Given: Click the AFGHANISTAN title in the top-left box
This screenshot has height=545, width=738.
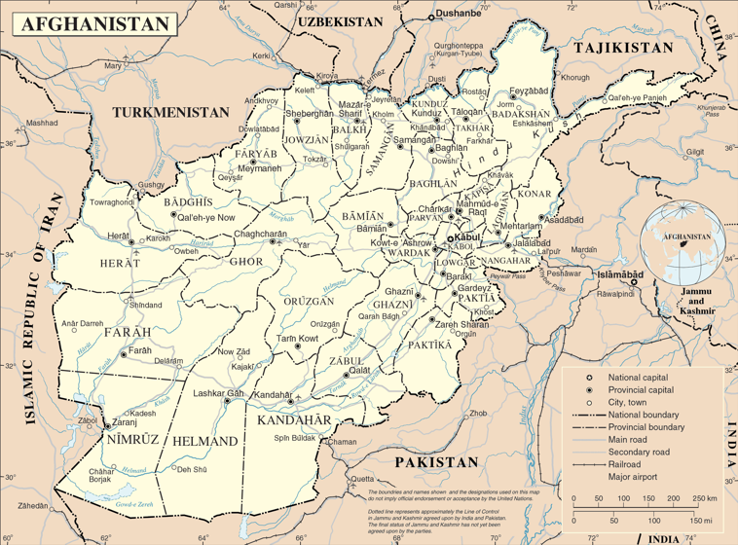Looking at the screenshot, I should (x=92, y=22).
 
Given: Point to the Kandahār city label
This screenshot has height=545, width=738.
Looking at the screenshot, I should (x=272, y=393).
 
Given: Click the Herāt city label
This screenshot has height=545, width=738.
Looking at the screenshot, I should (x=117, y=236).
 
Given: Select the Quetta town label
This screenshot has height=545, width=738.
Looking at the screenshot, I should (x=362, y=480).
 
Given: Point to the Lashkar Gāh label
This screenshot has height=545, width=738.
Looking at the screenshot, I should (x=216, y=393).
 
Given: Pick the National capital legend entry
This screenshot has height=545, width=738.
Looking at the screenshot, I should (x=636, y=377).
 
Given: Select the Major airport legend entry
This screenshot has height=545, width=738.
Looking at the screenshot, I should (x=633, y=478).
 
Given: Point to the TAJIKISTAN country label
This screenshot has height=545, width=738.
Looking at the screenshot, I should (x=623, y=48).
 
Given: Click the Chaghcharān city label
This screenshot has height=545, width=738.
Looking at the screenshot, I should (x=261, y=234).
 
